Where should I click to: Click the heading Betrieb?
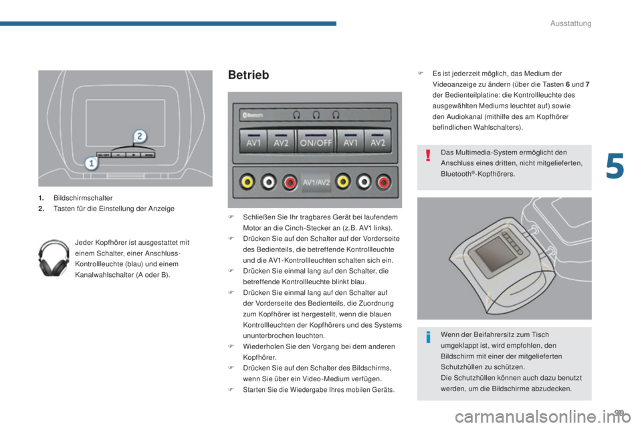point(249,75)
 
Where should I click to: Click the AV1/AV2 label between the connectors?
point(316,183)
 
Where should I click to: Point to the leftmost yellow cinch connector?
point(247,182)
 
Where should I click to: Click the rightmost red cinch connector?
point(384,182)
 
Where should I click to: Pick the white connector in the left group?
point(268,182)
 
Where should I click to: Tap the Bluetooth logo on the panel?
point(253,115)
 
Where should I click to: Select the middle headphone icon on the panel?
point(316,115)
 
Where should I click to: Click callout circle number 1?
point(92,163)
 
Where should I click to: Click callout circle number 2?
point(140,136)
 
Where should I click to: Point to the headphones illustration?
point(53,257)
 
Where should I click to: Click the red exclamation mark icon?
point(428,156)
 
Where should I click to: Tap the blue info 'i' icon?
point(428,337)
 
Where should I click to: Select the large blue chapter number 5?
point(615,166)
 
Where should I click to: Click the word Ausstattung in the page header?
point(570,23)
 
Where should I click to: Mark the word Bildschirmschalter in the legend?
point(83,198)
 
